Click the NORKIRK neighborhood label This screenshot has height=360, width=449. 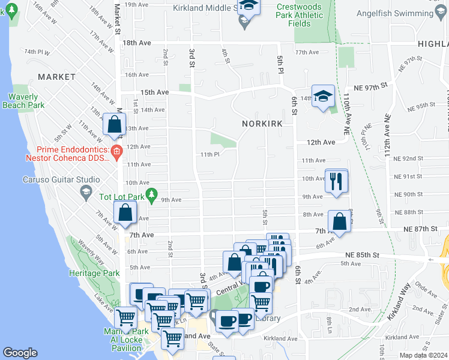(262, 123)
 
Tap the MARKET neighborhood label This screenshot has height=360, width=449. (56, 77)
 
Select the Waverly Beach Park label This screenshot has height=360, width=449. (27, 101)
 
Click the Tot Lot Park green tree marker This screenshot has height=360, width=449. (152, 195)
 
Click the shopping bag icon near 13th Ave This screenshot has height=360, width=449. (114, 125)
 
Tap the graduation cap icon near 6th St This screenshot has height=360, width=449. (323, 97)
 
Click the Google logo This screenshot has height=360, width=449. (20, 353)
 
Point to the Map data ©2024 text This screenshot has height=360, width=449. (424, 355)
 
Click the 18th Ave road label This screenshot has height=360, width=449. (136, 43)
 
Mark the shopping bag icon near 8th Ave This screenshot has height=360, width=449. (340, 221)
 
